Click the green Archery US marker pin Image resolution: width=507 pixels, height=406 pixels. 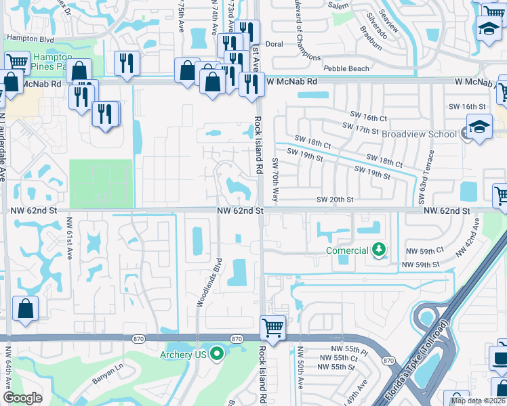[x=217, y=353]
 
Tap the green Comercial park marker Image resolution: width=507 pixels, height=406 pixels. [x=378, y=250]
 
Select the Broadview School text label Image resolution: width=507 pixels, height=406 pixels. [x=419, y=134]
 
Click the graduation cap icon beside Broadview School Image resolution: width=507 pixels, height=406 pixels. [x=479, y=128]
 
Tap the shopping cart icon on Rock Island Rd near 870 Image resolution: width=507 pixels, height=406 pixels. [x=272, y=328]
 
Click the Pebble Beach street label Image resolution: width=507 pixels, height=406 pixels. [x=346, y=68]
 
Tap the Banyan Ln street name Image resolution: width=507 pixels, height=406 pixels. [x=108, y=368]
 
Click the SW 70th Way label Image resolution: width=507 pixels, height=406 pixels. [x=276, y=180]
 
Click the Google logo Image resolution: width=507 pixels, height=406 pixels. [x=22, y=398]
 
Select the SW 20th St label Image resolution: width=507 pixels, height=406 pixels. [x=335, y=200]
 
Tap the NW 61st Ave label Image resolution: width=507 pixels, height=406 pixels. [x=70, y=242]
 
